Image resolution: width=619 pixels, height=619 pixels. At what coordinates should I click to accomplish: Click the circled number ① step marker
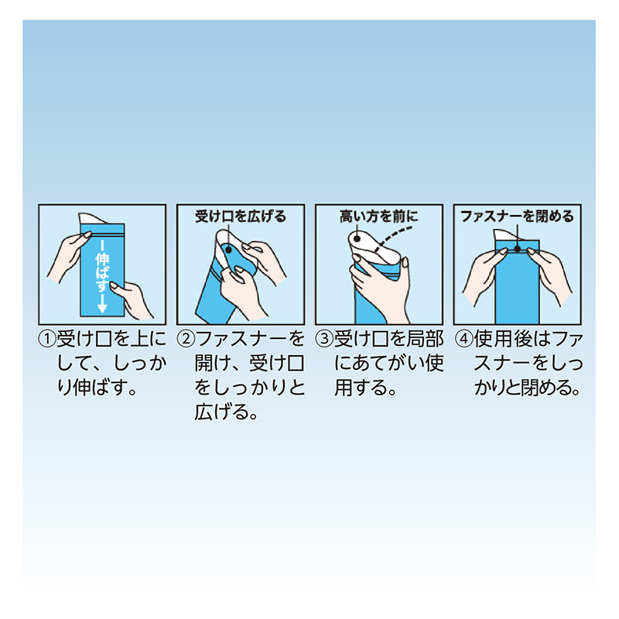coord(48,340)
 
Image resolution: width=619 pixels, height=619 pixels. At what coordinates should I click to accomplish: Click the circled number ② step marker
coord(186,340)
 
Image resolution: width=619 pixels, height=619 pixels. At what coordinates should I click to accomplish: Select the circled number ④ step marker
coord(463,340)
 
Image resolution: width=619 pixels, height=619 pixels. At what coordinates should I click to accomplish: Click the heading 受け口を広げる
coord(241,217)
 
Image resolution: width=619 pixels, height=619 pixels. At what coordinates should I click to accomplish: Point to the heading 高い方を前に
coord(379,217)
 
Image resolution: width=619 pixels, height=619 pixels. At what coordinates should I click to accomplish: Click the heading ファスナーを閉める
coord(517,217)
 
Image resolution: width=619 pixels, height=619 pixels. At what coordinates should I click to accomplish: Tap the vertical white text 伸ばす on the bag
coord(102,272)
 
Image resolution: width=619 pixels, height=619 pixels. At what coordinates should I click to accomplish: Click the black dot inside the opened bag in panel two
coord(228,250)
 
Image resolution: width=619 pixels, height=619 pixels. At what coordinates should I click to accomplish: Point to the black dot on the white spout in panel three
coord(357,238)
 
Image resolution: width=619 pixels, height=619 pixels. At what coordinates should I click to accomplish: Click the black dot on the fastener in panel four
coord(517,249)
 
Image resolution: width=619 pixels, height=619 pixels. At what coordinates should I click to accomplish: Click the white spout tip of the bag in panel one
coord(90,218)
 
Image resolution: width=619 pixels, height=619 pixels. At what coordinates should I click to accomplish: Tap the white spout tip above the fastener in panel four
coord(506,234)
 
